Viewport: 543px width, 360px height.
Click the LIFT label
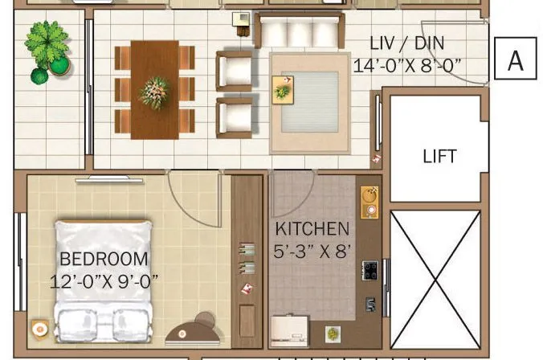pyautogui.click(x=439, y=156)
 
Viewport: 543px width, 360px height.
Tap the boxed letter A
pyautogui.click(x=515, y=59)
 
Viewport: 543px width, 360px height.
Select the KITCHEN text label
pyautogui.click(x=312, y=229)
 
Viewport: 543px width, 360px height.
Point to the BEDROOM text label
pyautogui.click(x=104, y=259)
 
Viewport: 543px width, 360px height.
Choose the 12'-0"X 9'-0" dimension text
pyautogui.click(x=104, y=280)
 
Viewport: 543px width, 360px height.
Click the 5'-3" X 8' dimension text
pyautogui.click(x=312, y=251)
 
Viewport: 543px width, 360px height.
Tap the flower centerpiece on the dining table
pyautogui.click(x=154, y=91)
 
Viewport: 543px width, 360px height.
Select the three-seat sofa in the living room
pyautogui.click(x=296, y=32)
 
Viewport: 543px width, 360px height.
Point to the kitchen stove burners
pyautogui.click(x=370, y=270)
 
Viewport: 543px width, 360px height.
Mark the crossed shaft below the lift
pyautogui.click(x=435, y=280)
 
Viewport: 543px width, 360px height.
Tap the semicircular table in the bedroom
pyautogui.click(x=193, y=330)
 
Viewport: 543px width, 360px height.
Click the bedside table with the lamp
pyautogui.click(x=39, y=329)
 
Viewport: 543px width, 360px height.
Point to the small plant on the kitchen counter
pyautogui.click(x=332, y=333)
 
